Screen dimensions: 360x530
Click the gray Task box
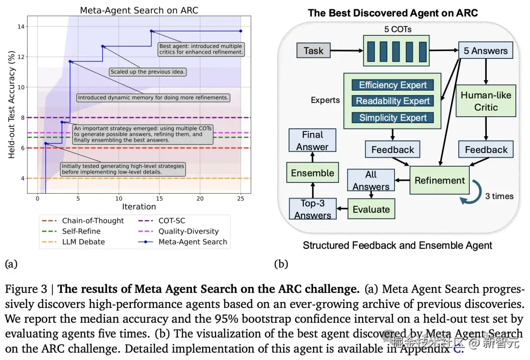(314, 51)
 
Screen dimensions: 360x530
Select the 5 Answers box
(486, 51)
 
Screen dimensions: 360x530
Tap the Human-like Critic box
(486, 101)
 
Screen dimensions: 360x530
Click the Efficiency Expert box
(393, 85)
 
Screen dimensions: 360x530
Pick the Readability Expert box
(393, 101)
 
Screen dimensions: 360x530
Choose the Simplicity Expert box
(393, 117)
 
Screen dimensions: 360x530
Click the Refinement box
(439, 180)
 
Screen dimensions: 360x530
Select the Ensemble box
(312, 173)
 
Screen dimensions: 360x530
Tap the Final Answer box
(312, 140)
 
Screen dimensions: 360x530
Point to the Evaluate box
(371, 209)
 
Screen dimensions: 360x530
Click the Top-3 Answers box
(312, 209)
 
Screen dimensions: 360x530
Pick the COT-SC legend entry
(172, 221)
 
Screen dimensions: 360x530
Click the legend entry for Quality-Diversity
(188, 231)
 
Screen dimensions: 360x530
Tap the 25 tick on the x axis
(240, 198)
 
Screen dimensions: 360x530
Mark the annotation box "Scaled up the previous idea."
(147, 72)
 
